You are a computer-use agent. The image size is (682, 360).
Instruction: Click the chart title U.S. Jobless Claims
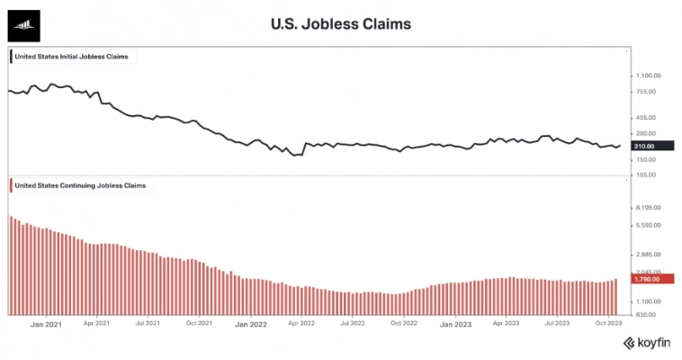[340, 24]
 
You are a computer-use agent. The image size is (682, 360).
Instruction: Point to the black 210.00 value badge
[647, 146]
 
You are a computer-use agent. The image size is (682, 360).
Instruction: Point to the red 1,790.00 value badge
[647, 279]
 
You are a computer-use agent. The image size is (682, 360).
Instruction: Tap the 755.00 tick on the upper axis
[647, 91]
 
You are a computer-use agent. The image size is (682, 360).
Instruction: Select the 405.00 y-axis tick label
[647, 117]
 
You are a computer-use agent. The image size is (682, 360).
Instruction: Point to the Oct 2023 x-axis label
[609, 321]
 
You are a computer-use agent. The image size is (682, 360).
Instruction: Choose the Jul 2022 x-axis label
[352, 321]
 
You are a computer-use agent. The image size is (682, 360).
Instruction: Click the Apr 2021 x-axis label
[96, 321]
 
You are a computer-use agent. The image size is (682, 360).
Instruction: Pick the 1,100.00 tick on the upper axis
[647, 76]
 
